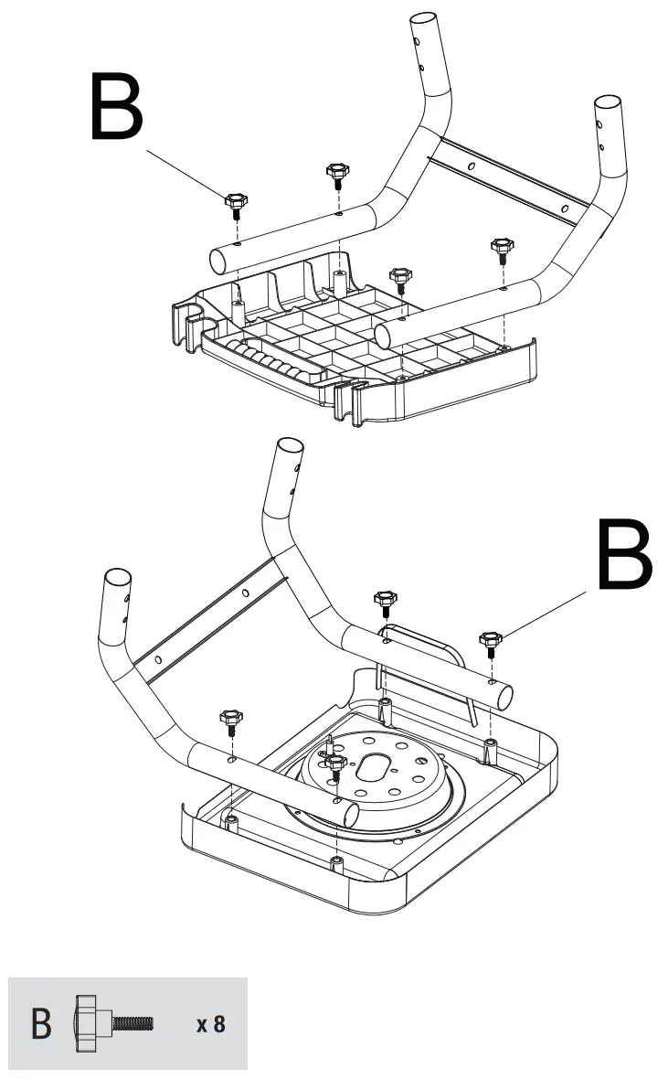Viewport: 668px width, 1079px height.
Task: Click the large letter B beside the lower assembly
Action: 624,554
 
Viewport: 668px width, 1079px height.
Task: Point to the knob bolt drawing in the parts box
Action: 114,1022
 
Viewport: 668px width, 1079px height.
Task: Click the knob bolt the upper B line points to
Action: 235,203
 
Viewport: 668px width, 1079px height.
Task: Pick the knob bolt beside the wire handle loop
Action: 385,603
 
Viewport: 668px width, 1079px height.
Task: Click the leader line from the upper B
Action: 187,173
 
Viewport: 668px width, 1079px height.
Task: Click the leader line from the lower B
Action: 545,614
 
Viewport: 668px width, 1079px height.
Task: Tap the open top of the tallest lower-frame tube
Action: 289,449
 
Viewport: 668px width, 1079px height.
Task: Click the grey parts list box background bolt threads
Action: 135,1022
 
